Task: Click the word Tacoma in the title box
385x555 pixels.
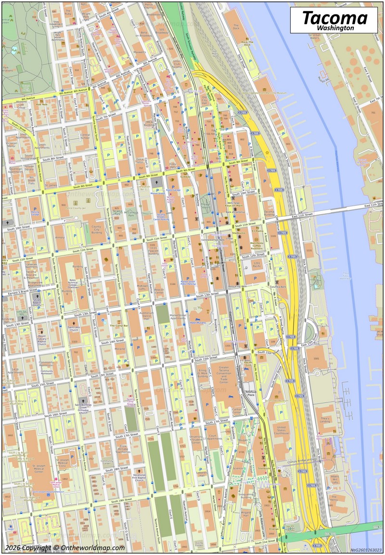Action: pyautogui.click(x=334, y=18)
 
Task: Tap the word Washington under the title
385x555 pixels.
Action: pyautogui.click(x=334, y=28)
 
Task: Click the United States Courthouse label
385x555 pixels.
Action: pyautogui.click(x=282, y=429)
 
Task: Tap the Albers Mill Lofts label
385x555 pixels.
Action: pyautogui.click(x=335, y=479)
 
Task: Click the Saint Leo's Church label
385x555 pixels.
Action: pyautogui.click(x=74, y=329)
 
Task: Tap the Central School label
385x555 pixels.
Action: pyautogui.click(x=85, y=137)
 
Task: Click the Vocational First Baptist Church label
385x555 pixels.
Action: pyautogui.click(x=140, y=477)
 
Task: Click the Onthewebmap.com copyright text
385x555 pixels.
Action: pyautogui.click(x=65, y=548)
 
